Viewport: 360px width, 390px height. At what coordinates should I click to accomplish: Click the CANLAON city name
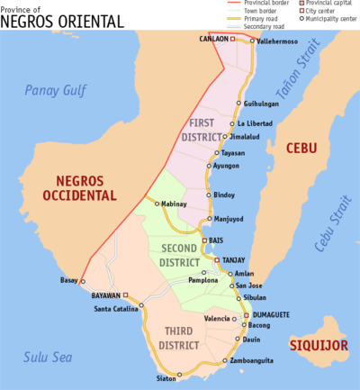(213, 40)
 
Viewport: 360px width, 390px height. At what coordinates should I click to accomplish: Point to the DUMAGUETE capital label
(276, 314)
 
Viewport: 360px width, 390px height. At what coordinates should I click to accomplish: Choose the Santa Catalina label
(117, 308)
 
